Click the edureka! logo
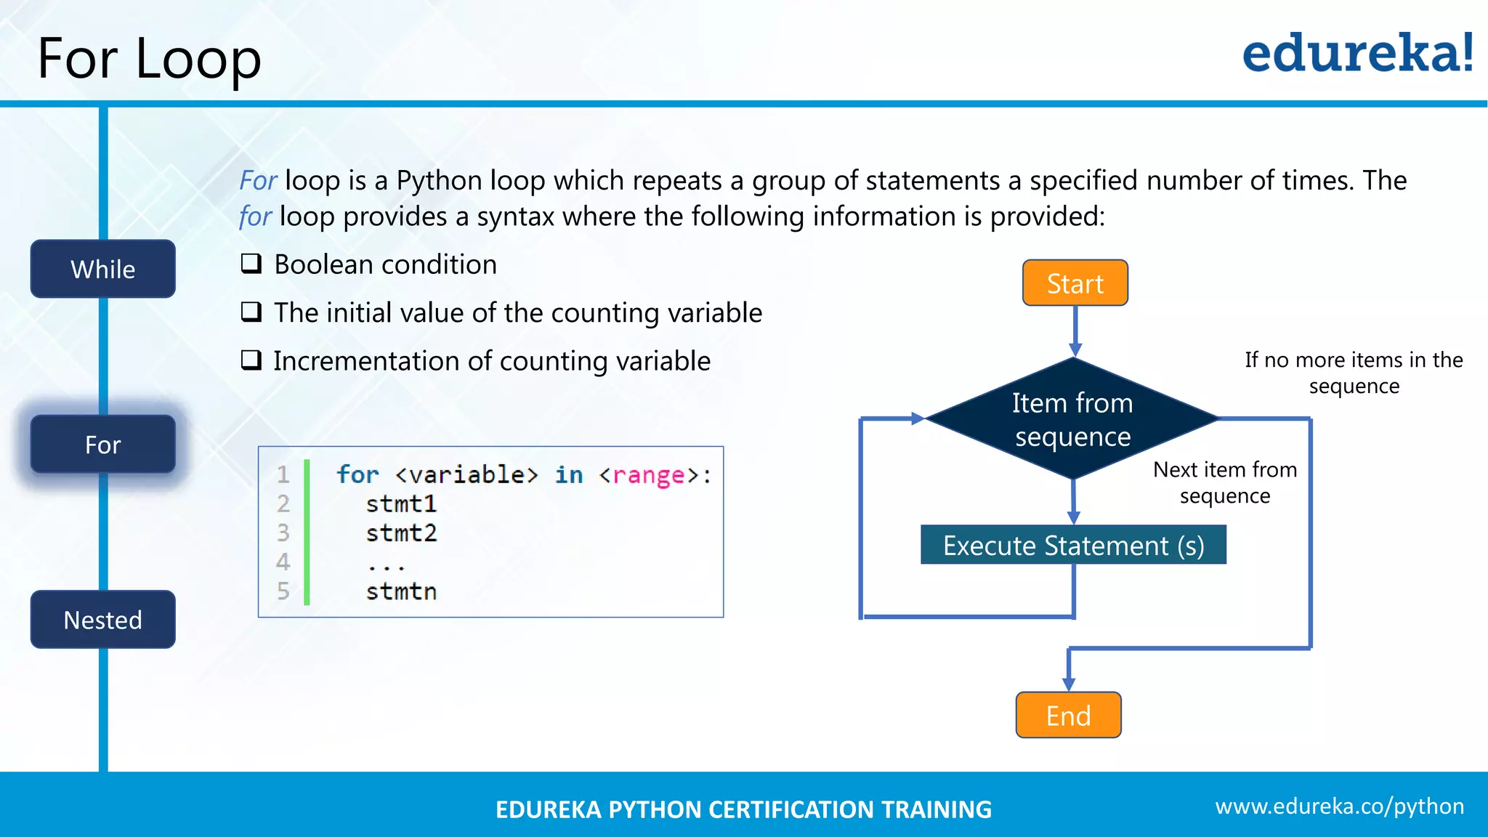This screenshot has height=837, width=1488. pos(1357,54)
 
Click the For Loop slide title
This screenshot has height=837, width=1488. pos(149,58)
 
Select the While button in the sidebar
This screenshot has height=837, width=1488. pos(103,269)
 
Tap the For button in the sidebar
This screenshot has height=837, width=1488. pos(103,444)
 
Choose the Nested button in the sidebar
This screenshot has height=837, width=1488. pos(103,620)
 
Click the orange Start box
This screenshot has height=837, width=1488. pos(1075,283)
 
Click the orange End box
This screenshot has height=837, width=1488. pos(1068,716)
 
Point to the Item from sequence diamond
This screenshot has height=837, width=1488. pos(1072,419)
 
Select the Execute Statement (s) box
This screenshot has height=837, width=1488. pos(1073,546)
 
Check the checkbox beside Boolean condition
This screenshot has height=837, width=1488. pos(251,264)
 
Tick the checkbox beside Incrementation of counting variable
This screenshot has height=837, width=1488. pos(251,360)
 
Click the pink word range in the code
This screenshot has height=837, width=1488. pos(648,475)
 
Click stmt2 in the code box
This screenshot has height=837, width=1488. pos(401,533)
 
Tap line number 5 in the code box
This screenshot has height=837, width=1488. pos(283,591)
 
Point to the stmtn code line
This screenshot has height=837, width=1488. pos(401,591)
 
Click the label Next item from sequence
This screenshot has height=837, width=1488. pos(1225,482)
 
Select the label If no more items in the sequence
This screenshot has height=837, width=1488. pos(1354,373)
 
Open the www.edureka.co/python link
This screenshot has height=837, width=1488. pos(1339,806)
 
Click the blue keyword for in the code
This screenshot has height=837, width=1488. pos(357,475)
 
